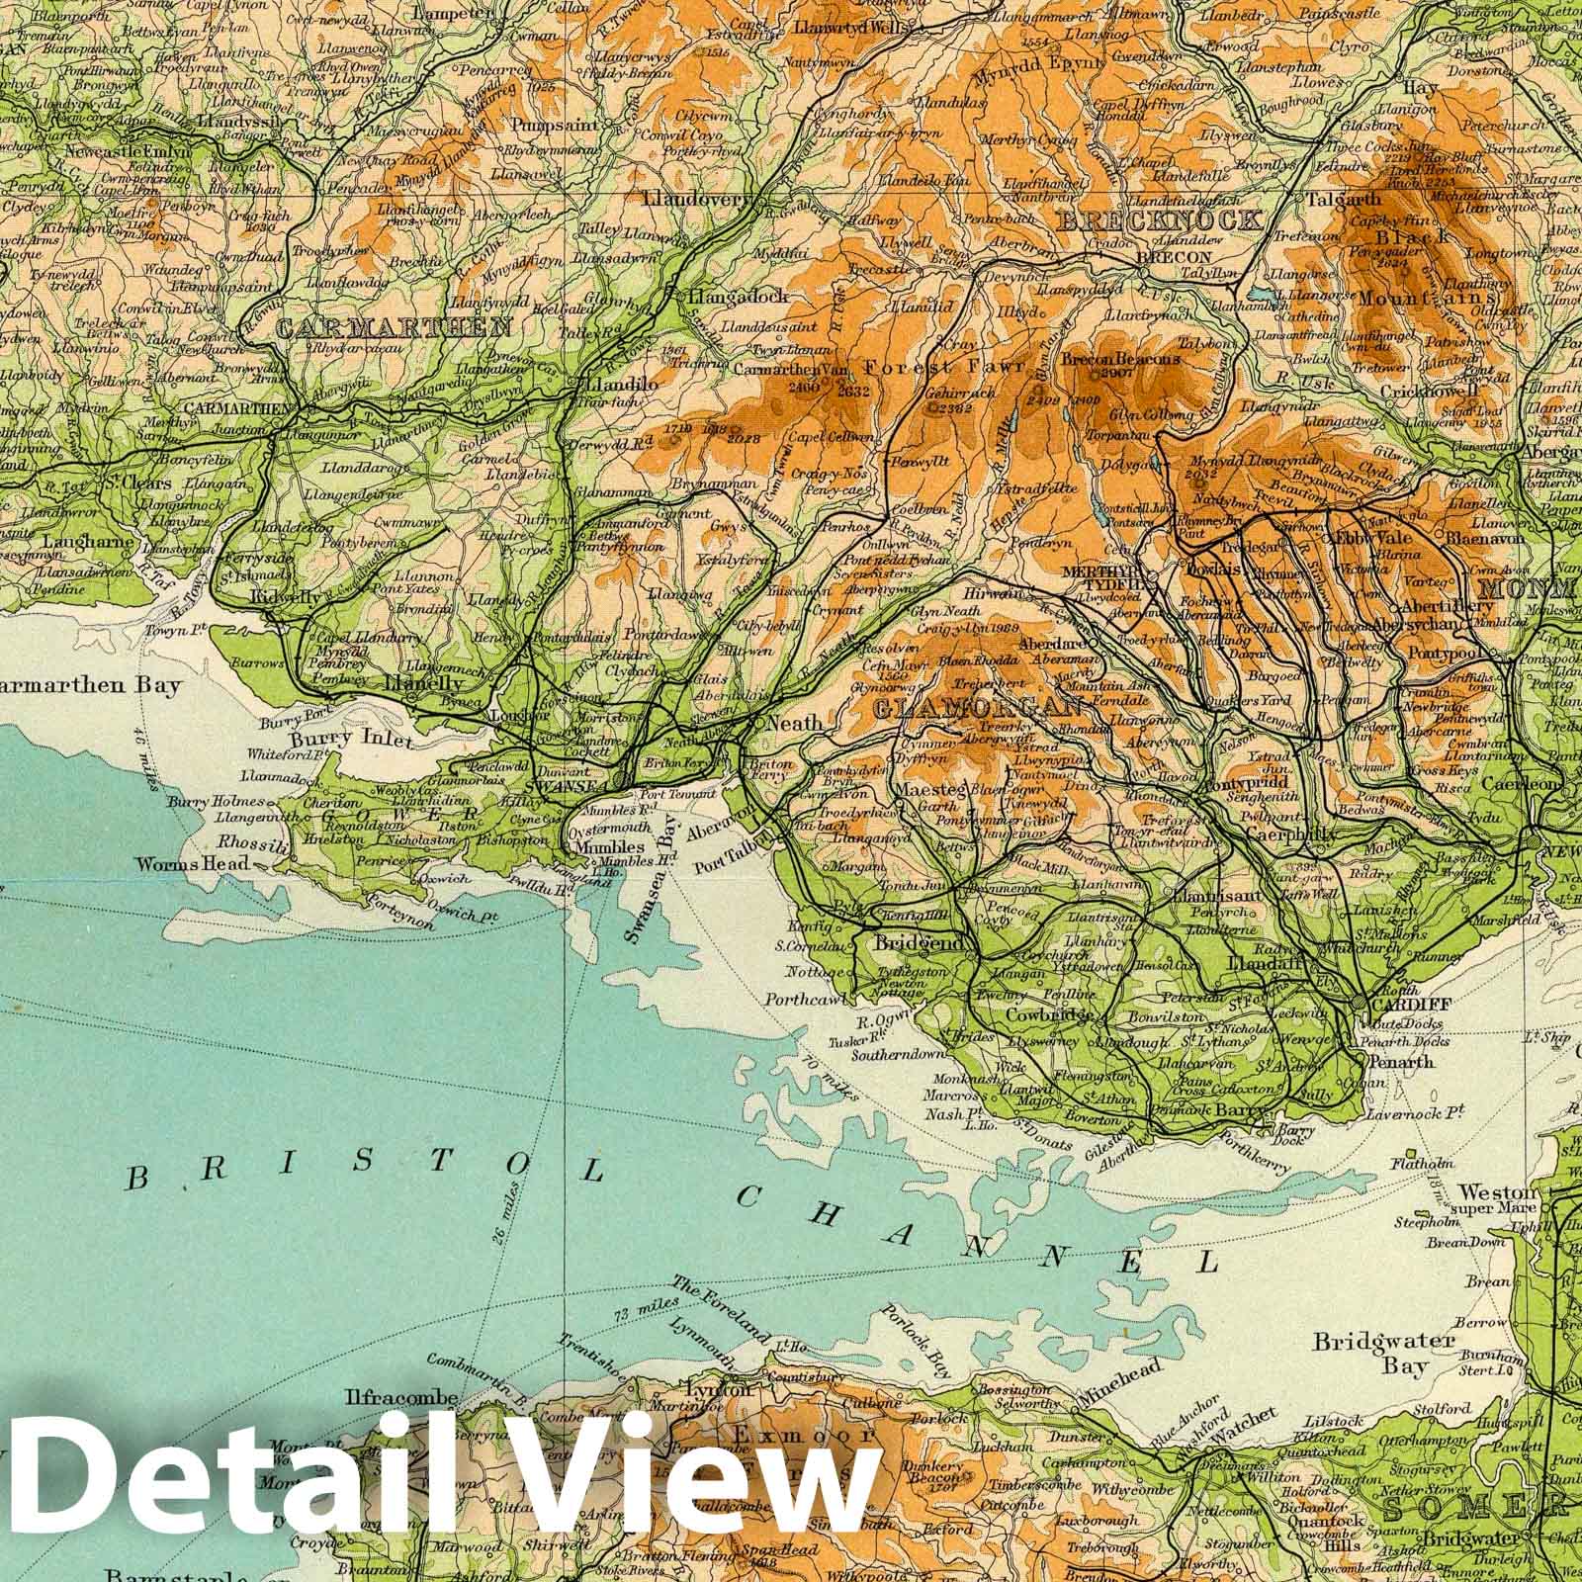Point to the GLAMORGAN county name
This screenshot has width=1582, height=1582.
click(x=973, y=708)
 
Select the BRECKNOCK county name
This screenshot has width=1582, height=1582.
click(x=1159, y=220)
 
